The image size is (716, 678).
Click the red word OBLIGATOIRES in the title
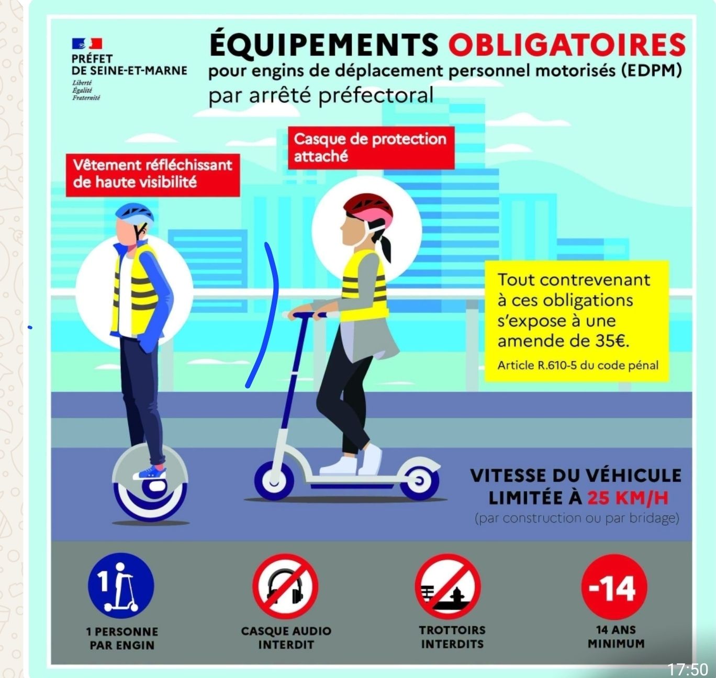click(567, 44)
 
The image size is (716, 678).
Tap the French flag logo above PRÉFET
click(87, 44)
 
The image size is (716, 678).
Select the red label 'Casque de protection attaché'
click(371, 148)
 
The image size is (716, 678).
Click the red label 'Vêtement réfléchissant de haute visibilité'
click(153, 175)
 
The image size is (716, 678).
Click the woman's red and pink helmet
click(368, 210)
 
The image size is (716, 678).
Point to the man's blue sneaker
click(150, 473)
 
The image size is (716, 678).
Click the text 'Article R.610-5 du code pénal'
click(578, 365)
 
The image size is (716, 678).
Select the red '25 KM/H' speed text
click(628, 498)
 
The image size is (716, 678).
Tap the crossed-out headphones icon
click(286, 586)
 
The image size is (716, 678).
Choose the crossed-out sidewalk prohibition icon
click(448, 586)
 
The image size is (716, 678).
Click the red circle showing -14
click(614, 586)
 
